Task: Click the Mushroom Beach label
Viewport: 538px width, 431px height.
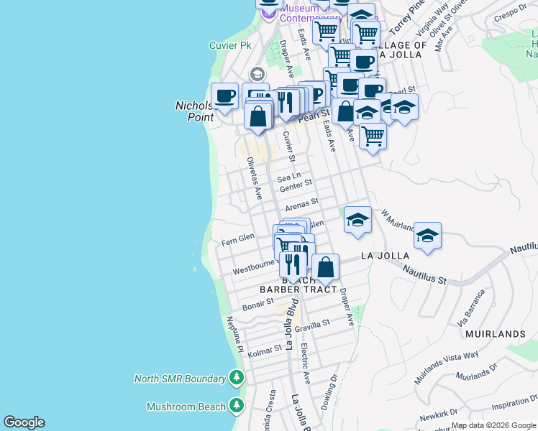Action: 186,407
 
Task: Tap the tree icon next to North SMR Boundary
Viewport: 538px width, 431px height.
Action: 236,378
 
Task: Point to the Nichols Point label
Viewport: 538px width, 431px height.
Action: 195,111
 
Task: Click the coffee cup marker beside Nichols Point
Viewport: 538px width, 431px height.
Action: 224,96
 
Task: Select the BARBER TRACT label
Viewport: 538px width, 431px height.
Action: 298,289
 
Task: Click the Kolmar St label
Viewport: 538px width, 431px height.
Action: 263,350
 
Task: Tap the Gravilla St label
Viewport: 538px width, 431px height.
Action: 311,325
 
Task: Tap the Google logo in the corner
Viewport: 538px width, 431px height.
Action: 24,422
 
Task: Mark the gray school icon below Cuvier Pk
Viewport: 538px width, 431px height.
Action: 257,74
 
